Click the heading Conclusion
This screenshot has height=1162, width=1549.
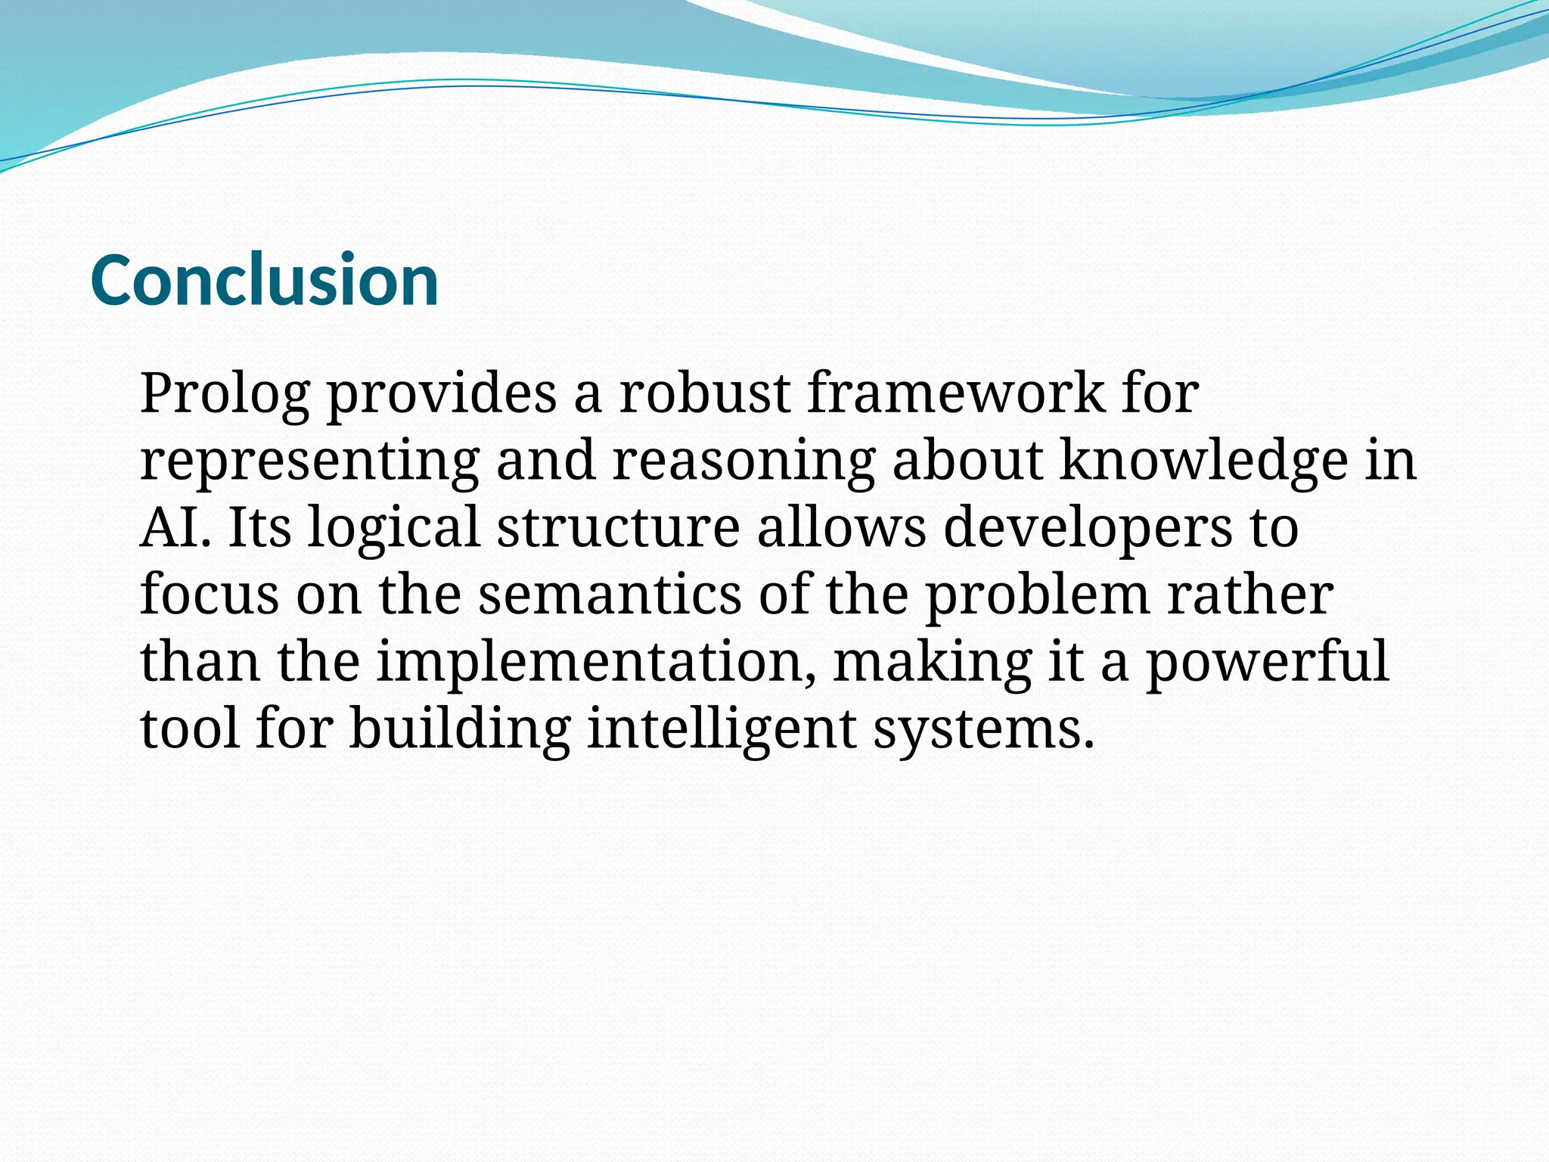coord(264,281)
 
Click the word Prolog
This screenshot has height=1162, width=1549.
coord(225,394)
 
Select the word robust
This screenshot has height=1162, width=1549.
coord(704,394)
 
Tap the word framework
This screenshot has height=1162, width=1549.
coord(955,394)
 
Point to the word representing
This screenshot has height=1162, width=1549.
coord(309,461)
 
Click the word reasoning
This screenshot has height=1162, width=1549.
coord(743,461)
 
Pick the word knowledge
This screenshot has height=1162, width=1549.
coord(1203,461)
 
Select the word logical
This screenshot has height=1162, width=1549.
coord(393,527)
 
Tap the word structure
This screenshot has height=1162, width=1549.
coord(618,527)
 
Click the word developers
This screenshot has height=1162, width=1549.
coord(1088,527)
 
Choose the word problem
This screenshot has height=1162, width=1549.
coord(1038,595)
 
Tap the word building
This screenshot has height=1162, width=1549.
coord(459,729)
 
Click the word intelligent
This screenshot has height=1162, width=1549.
coord(722,729)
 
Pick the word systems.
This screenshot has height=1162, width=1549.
coord(983,729)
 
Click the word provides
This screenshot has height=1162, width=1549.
coord(442,394)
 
